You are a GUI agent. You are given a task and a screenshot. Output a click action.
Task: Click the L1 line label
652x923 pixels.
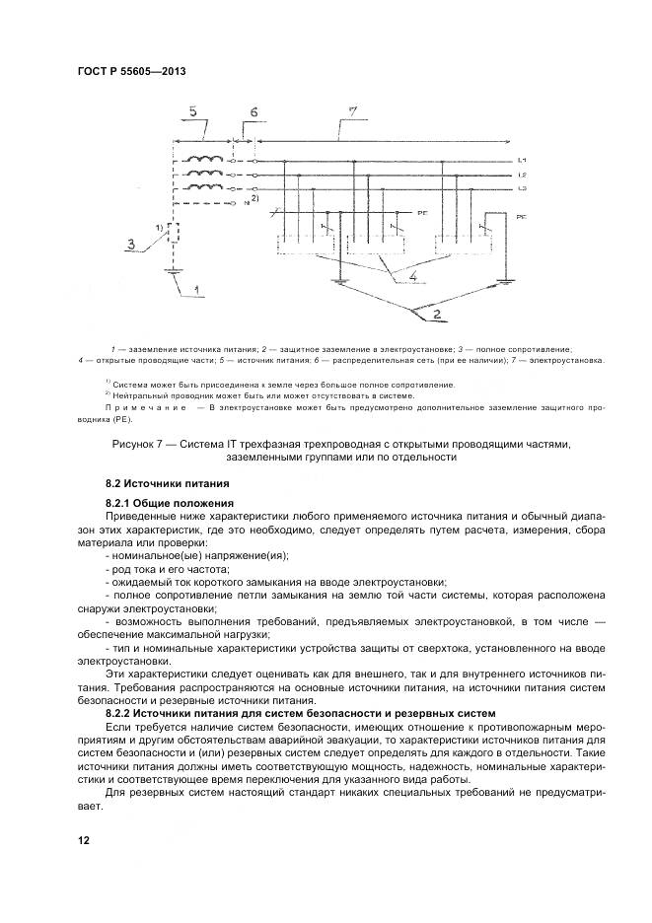(x=521, y=159)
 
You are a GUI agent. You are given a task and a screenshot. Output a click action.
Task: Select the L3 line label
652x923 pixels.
(x=521, y=187)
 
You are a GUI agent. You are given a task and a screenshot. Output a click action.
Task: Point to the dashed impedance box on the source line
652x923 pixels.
(x=173, y=235)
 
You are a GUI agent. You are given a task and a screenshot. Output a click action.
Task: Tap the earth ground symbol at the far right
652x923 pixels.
(x=506, y=281)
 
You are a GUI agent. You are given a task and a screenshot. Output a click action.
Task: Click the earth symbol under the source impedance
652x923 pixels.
(x=174, y=275)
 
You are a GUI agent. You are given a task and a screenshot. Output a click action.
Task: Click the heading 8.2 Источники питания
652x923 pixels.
(x=167, y=484)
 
